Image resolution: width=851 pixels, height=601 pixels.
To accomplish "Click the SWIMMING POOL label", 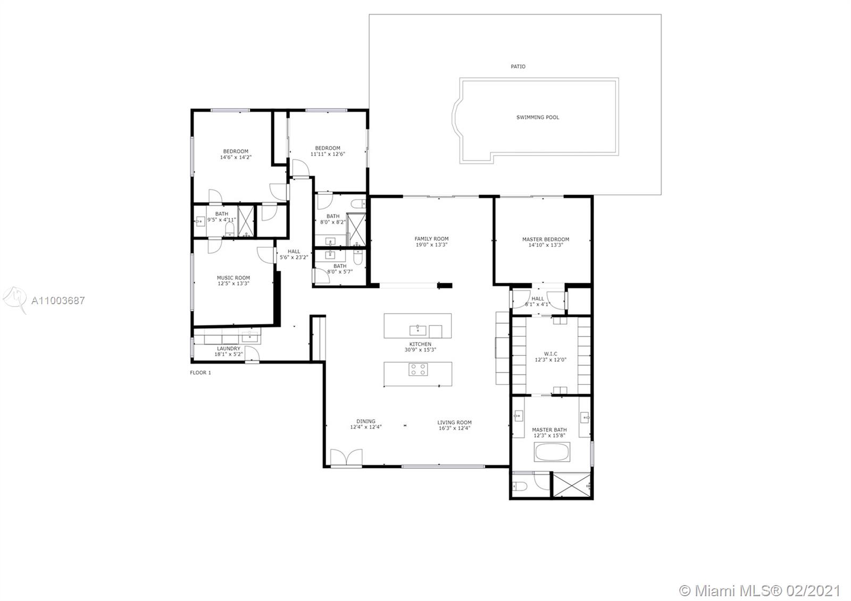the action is (538, 118).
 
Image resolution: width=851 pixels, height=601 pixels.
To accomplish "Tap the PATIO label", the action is (518, 66).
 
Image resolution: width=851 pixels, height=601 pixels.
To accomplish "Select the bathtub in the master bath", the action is (552, 452).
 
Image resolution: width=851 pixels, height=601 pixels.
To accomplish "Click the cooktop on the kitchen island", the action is (418, 369).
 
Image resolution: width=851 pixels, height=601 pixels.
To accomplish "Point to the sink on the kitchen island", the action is (418, 330).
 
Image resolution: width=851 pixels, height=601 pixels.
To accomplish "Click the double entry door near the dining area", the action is (346, 457).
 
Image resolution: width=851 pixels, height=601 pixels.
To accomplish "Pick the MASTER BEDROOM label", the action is (546, 239).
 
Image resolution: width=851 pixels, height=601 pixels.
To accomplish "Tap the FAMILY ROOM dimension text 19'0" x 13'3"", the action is (431, 245).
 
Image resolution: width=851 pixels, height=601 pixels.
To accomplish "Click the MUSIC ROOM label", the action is (233, 278).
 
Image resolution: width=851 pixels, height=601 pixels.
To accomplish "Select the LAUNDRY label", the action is (229, 348).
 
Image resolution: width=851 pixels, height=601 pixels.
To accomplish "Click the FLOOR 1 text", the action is (200, 373).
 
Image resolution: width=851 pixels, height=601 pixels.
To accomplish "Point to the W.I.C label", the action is (550, 354).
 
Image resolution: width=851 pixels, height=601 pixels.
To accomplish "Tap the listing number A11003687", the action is (58, 300).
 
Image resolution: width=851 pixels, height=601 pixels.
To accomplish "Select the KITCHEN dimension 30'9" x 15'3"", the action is (420, 350).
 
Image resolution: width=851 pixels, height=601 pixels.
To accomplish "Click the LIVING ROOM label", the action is (454, 422).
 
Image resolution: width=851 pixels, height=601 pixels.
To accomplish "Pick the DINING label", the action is (366, 421).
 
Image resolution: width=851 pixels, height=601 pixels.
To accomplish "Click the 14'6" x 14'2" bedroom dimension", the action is (236, 157).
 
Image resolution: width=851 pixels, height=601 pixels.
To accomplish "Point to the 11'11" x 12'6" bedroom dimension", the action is (328, 154).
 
